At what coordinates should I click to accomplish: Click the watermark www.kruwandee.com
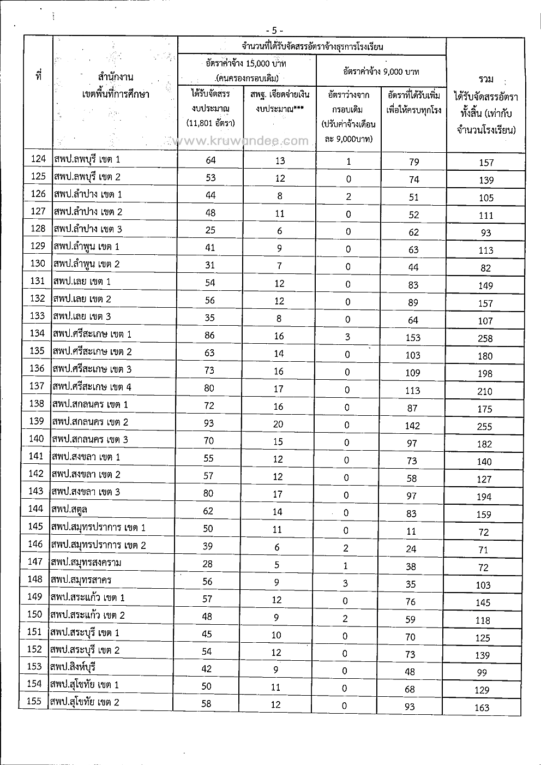click(x=243, y=141)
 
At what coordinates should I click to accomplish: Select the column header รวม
click(x=485, y=79)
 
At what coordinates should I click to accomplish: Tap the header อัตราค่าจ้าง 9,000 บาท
click(x=381, y=71)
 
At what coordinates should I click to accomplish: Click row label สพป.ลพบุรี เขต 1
click(x=87, y=159)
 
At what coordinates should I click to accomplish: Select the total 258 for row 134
click(x=485, y=338)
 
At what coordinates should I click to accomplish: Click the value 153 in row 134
click(x=413, y=337)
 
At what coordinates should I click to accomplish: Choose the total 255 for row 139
click(x=484, y=427)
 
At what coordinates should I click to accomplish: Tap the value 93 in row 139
click(x=209, y=423)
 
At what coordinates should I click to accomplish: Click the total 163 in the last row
click(x=482, y=708)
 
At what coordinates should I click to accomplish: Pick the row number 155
click(x=34, y=701)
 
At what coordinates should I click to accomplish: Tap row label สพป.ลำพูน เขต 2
click(x=87, y=264)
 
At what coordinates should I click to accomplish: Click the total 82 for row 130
click(x=485, y=268)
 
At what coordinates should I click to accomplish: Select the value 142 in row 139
click(x=412, y=426)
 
